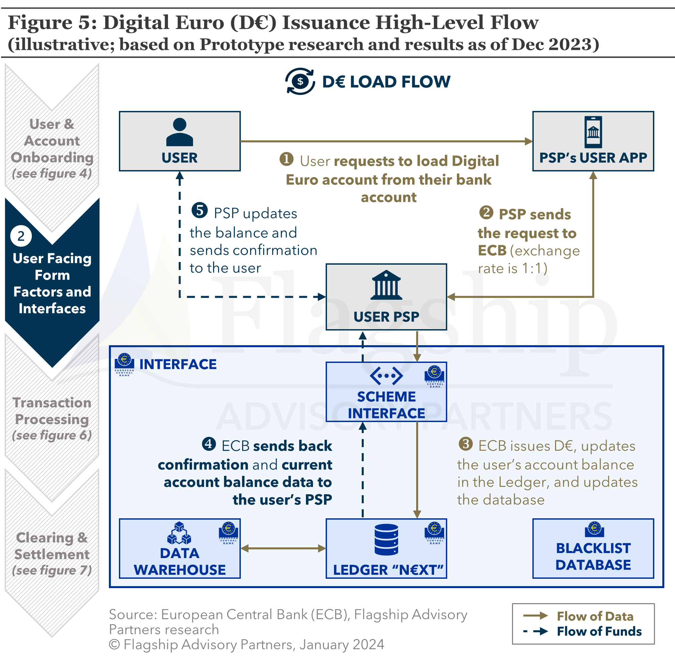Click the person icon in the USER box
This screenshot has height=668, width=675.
[x=180, y=132]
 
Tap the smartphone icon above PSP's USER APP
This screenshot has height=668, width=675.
[x=593, y=132]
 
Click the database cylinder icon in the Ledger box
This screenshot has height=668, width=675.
[x=386, y=539]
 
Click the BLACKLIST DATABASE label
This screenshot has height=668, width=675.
[x=593, y=556]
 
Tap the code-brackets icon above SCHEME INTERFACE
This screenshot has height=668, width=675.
[x=386, y=376]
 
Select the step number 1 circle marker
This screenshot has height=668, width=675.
[x=287, y=159]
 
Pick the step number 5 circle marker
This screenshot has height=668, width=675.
[x=200, y=211]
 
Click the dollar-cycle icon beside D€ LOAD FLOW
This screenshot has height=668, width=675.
[x=300, y=82]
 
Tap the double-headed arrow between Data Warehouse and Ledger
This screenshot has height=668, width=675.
[x=283, y=548]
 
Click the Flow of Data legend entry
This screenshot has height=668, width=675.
[x=595, y=616]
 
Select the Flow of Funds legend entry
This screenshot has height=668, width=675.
[x=599, y=631]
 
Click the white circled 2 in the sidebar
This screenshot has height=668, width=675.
[x=21, y=236]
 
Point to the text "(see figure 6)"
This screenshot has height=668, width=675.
[x=52, y=435]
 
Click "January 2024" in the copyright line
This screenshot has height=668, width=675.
[x=342, y=644]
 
